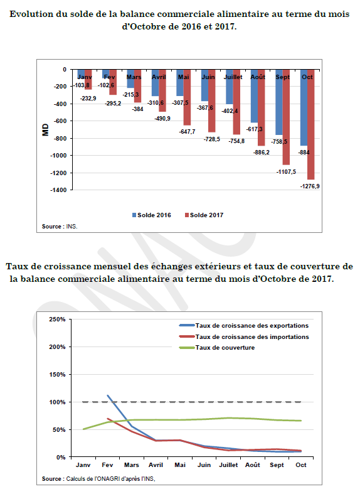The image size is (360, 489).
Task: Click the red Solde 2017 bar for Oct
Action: pyautogui.click(x=310, y=124)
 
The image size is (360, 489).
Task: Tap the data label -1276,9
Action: pyautogui.click(x=310, y=186)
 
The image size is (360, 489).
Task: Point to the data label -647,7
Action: pyautogui.click(x=187, y=132)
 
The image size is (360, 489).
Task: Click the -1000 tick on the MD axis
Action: pyautogui.click(x=58, y=155)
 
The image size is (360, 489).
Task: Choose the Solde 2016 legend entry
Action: pyautogui.click(x=152, y=215)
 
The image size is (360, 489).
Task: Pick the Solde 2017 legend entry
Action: pyautogui.click(x=204, y=215)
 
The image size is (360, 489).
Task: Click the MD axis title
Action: pyautogui.click(x=46, y=130)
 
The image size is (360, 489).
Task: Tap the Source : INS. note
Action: pyautogui.click(x=60, y=227)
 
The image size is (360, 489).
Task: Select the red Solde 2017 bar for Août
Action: pyautogui.click(x=261, y=107)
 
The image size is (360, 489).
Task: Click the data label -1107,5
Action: pyautogui.click(x=286, y=172)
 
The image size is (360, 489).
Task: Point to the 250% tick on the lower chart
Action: pyautogui.click(x=57, y=320)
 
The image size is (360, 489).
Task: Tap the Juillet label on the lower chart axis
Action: pyautogui.click(x=228, y=465)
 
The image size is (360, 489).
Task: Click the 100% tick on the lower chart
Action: pyautogui.click(x=57, y=402)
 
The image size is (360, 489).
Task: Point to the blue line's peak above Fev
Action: pyautogui.click(x=107, y=395)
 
